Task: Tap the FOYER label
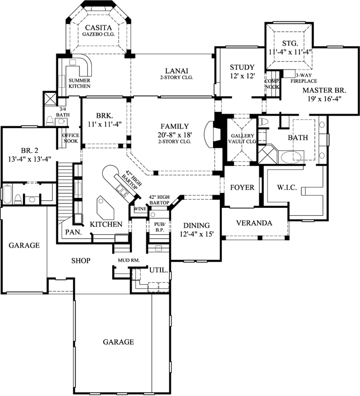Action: click(242, 188)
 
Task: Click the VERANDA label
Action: click(254, 223)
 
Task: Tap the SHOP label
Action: click(80, 260)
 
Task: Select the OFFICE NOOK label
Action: click(70, 137)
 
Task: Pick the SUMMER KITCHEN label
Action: click(79, 83)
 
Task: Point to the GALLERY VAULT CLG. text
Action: click(242, 138)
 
